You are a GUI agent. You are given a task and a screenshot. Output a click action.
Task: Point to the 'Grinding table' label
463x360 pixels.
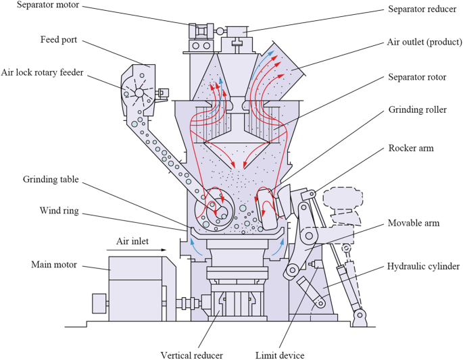[x=52, y=180]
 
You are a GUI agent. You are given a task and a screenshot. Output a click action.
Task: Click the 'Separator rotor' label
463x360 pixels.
[x=417, y=78]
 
